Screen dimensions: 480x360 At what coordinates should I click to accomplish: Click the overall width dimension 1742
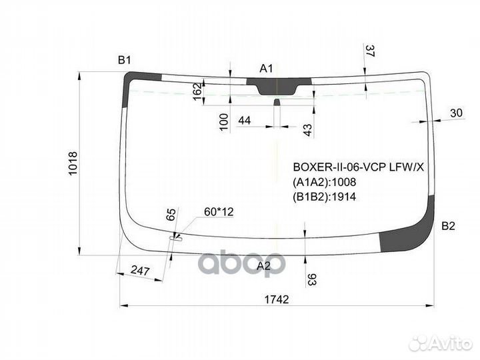pos(277,299)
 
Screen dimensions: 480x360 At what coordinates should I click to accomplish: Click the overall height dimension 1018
pos(73,163)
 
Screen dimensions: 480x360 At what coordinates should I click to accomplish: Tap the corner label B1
pos(124,60)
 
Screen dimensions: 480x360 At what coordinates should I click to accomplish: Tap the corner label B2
pos(448,226)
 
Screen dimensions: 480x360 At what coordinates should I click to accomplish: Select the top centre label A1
pos(266,69)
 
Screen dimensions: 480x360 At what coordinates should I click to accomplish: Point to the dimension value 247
pos(140,271)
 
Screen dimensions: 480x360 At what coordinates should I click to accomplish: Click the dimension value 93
pos(311,279)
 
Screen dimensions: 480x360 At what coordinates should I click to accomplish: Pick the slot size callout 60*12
pos(219,211)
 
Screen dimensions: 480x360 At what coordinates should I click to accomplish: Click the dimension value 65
pos(171,214)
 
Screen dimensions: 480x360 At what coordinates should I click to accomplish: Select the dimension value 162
pos(198,91)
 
